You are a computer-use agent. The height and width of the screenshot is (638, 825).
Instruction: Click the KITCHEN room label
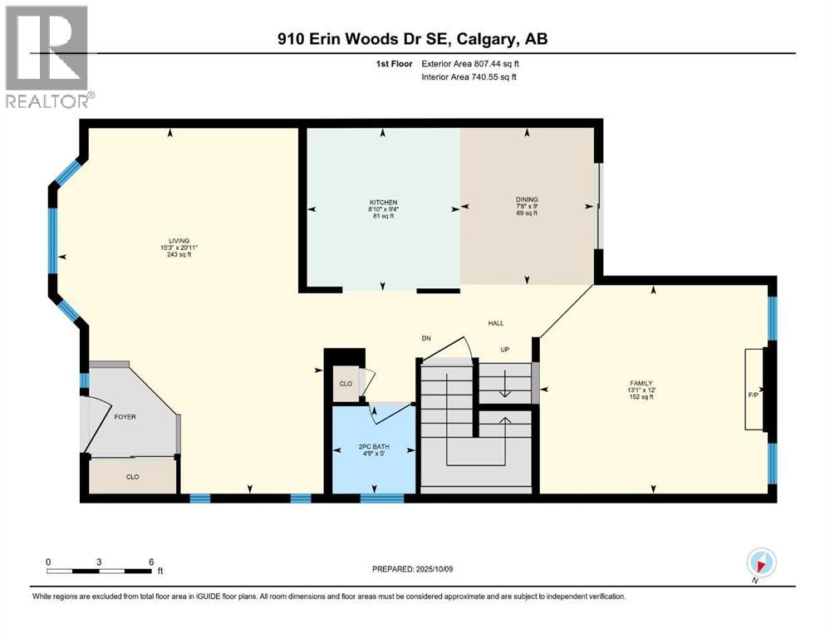[383, 202]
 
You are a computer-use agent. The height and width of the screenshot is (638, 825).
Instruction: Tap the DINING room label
[527, 199]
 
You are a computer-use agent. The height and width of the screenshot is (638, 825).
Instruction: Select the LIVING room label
[179, 241]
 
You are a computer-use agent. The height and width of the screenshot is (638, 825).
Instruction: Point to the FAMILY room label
[641, 384]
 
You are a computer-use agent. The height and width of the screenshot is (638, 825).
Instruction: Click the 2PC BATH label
[374, 447]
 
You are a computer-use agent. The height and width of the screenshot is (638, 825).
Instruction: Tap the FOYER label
[125, 416]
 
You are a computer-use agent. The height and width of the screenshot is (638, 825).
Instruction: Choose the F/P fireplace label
[754, 395]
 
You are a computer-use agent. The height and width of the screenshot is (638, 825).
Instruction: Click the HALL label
[496, 323]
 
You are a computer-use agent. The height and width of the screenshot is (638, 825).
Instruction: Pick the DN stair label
[426, 338]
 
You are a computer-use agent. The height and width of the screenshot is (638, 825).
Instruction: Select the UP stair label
[504, 349]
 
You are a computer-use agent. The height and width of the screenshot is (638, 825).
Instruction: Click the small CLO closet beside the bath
[346, 384]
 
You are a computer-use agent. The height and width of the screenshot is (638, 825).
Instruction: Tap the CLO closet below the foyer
[133, 477]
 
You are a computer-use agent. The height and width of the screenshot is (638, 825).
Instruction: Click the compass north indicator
[761, 562]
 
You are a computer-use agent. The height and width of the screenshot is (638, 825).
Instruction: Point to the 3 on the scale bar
[99, 562]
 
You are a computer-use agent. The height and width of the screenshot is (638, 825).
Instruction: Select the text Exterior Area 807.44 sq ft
[470, 64]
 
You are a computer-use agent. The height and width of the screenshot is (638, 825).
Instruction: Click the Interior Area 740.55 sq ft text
[469, 76]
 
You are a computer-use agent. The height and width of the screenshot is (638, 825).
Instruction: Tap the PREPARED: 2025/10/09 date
[412, 569]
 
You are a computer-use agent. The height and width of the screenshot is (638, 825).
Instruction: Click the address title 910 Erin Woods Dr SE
[365, 39]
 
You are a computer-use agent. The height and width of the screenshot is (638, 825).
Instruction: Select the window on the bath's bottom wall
[382, 498]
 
